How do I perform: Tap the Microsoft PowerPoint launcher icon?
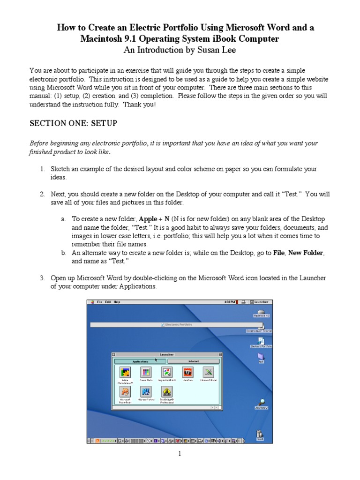click(125, 392)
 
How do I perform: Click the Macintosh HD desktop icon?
click(262, 312)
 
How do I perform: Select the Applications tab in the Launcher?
click(140, 361)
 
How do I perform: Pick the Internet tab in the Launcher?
click(193, 361)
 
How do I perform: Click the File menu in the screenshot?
click(100, 302)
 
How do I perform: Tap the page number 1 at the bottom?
click(179, 453)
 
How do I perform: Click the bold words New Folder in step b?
click(306, 253)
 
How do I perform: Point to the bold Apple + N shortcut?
click(154, 219)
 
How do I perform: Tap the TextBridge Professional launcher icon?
click(167, 392)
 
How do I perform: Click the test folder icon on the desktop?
click(261, 358)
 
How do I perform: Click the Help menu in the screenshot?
click(117, 302)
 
